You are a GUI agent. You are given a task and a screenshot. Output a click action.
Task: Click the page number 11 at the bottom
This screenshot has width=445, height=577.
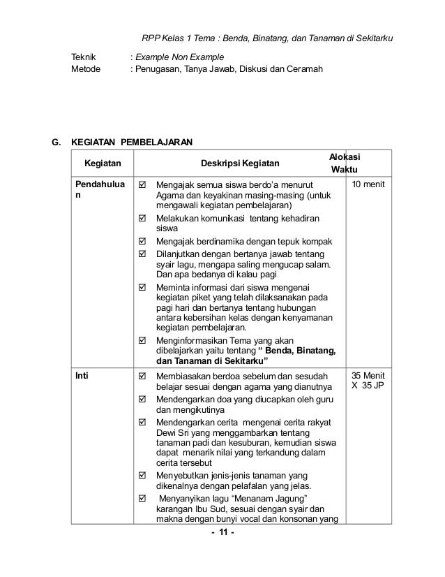point(222,534)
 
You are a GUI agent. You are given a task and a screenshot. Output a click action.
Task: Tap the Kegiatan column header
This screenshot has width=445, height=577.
point(102,163)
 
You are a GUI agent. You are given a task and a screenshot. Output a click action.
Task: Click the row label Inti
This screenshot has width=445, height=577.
point(82,375)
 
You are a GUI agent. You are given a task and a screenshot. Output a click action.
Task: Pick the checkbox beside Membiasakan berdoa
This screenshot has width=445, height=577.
point(142,376)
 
